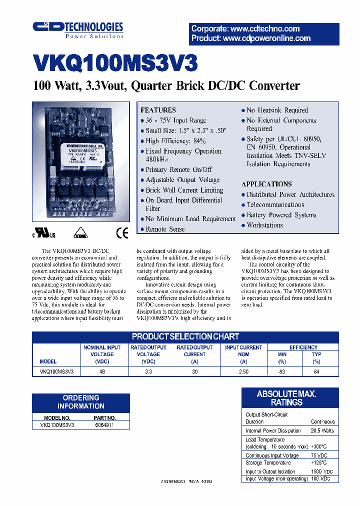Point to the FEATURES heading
tap(158, 110)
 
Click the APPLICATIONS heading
tap(266, 184)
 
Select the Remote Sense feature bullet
tap(165, 229)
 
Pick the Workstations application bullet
tap(264, 225)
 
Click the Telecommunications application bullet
tap(275, 204)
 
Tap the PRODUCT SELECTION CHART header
tap(185, 336)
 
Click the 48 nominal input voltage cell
tap(102, 371)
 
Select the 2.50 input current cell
tap(243, 371)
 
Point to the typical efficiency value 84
tap(316, 371)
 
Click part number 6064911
tap(104, 425)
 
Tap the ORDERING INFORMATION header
tap(80, 402)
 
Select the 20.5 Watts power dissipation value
tap(322, 430)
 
